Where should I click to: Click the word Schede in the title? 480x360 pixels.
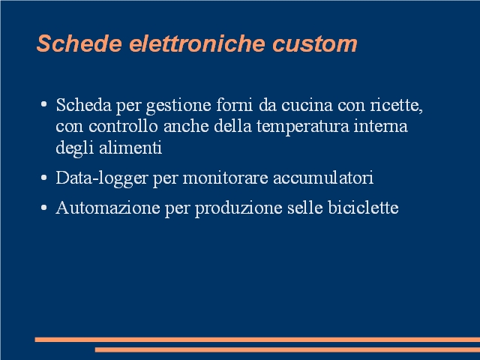point(79,43)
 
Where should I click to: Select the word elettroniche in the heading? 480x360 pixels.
point(196,43)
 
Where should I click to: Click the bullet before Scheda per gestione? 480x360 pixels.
point(43,104)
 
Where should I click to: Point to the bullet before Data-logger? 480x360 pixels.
point(43,177)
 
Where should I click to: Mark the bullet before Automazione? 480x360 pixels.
point(43,207)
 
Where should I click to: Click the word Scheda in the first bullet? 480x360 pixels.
point(83,105)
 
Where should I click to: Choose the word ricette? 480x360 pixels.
point(397,105)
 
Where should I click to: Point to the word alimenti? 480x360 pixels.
point(130,148)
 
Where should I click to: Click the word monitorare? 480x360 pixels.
point(225,178)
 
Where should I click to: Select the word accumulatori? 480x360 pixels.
point(323,178)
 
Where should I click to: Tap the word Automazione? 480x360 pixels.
point(108,208)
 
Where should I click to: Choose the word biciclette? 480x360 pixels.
point(363,208)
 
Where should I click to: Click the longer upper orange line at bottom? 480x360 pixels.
point(257,340)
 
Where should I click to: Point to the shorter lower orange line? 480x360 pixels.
point(287,349)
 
